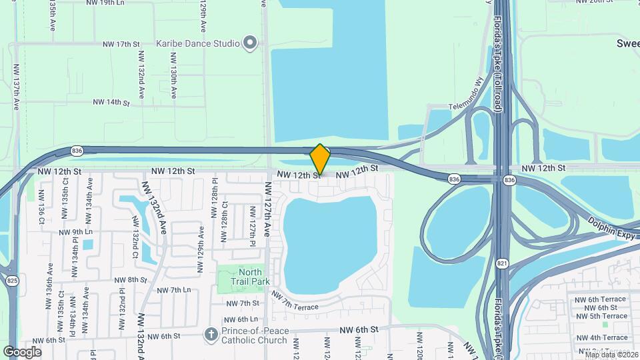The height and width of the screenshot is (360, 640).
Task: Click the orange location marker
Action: (x=320, y=159)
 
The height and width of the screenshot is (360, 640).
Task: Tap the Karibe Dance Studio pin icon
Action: (x=250, y=43)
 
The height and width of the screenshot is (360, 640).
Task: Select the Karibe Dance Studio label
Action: (x=197, y=43)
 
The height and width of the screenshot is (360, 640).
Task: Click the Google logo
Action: (x=22, y=351)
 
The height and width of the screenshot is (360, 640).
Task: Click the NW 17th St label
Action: (x=121, y=44)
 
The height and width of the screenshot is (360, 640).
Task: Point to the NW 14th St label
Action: (x=111, y=102)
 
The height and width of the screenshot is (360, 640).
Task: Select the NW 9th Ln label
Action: (x=75, y=233)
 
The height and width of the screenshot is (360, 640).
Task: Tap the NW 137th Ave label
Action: (x=17, y=84)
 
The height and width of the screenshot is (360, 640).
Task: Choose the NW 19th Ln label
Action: (x=106, y=3)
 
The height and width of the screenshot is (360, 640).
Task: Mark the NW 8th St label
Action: (x=129, y=280)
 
